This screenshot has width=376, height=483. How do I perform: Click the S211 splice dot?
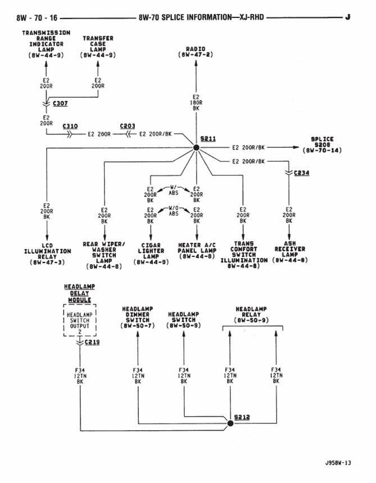point(196,147)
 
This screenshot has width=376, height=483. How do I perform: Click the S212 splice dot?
point(229,423)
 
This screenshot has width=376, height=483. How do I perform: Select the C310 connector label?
point(70,127)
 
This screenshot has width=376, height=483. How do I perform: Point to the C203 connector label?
point(128,127)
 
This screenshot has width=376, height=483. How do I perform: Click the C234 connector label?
point(302,173)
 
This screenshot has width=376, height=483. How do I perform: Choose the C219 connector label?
point(92,342)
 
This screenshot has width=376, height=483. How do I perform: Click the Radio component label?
point(196,52)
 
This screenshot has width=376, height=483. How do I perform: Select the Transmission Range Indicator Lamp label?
point(46,44)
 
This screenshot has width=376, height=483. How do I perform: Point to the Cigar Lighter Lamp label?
point(151,254)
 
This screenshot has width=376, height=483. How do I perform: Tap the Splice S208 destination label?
point(322,145)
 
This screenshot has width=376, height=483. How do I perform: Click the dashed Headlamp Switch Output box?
point(80,321)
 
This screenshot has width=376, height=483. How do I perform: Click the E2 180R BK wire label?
point(196,102)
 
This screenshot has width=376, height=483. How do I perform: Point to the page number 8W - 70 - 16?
point(37,17)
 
